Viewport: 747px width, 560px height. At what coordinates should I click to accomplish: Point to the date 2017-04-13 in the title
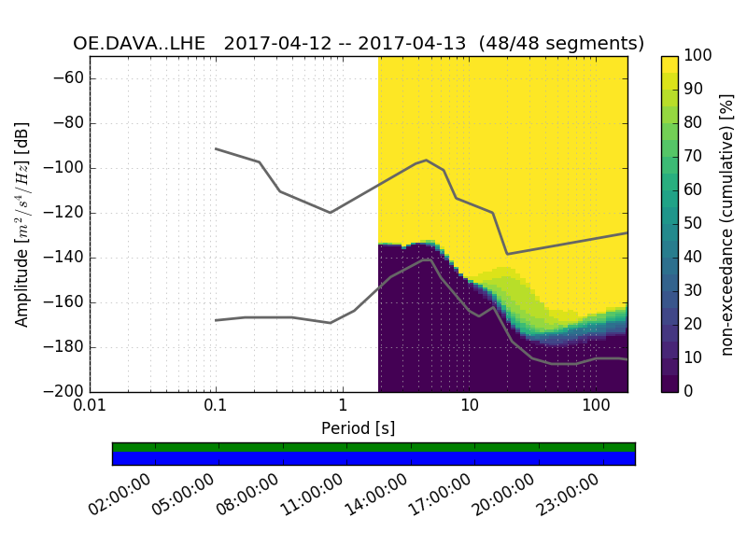(413, 43)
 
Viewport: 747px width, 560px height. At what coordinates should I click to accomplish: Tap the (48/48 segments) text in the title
(561, 43)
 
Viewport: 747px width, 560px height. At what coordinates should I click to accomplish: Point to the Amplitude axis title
(22, 224)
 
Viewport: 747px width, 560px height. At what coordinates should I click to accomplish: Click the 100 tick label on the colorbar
(699, 56)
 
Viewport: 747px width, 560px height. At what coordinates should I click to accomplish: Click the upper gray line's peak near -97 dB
(426, 160)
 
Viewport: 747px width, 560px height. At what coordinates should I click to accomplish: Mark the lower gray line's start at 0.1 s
(216, 320)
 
